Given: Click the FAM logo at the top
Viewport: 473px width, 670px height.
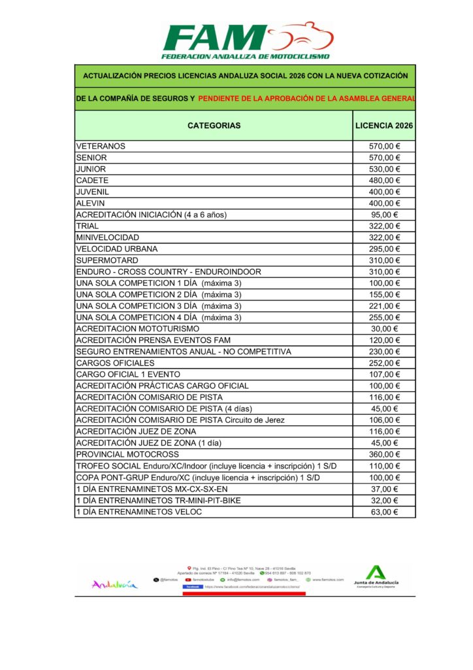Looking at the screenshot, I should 247,41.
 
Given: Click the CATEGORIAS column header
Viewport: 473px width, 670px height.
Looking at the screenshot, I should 214,126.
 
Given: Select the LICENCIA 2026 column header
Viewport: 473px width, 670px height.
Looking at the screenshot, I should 384,126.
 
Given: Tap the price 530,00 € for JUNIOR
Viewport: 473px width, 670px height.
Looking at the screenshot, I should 384,169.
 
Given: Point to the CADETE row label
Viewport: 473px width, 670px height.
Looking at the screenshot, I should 92,180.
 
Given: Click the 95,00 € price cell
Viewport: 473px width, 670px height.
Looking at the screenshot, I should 384,215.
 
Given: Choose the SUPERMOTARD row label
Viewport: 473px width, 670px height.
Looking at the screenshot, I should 107,260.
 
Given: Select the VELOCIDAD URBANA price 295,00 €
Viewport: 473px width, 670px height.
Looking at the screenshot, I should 384,249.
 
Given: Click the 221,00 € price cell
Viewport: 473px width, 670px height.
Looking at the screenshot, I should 384,306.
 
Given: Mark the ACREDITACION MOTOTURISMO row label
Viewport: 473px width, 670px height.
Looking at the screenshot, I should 138,328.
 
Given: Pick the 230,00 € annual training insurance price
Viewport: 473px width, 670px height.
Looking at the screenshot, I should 384,351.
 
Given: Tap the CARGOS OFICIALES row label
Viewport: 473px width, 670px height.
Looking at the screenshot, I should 116,362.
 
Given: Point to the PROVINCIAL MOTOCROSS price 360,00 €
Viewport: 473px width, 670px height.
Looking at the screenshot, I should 384,454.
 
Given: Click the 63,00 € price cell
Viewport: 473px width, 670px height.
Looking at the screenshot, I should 384,512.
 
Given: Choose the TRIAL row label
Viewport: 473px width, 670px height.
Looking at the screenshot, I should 88,226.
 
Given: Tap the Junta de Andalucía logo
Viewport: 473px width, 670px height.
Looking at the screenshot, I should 375,576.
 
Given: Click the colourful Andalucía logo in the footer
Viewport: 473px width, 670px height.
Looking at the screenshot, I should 115,584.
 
